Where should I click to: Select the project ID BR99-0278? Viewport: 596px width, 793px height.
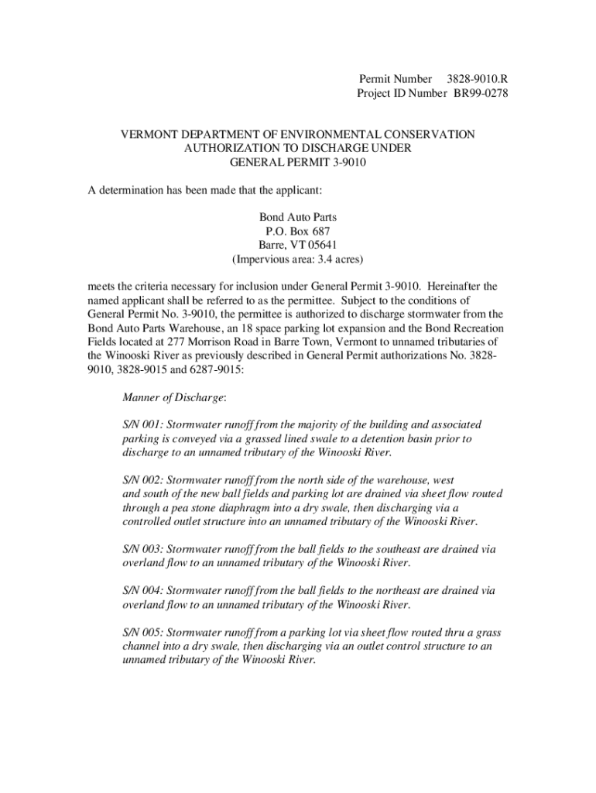click(481, 94)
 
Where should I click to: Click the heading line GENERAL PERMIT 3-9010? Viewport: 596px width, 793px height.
click(298, 163)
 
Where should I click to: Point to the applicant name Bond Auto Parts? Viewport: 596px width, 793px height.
click(298, 218)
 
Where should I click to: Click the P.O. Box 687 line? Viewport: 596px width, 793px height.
click(298, 232)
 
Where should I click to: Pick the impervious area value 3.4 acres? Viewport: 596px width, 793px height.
click(337, 259)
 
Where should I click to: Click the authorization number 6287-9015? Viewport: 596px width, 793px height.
click(212, 370)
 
